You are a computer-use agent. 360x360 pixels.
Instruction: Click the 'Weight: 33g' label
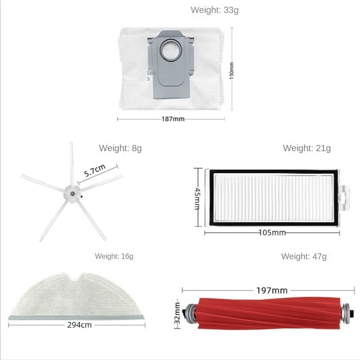215,10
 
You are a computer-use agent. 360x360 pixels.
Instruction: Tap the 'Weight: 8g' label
120,148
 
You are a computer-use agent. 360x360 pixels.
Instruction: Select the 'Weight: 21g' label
306,148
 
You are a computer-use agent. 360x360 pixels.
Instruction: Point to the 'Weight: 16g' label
114,256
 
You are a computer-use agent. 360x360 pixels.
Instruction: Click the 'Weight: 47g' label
304,256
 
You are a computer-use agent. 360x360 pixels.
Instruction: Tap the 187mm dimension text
173,119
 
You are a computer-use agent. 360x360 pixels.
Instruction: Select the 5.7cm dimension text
94,171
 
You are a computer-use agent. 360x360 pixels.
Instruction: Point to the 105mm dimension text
271,233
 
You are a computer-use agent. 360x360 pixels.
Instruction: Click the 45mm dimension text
197,198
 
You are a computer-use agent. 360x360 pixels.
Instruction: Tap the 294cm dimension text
77,324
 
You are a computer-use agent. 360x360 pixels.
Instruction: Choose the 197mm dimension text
272,290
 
